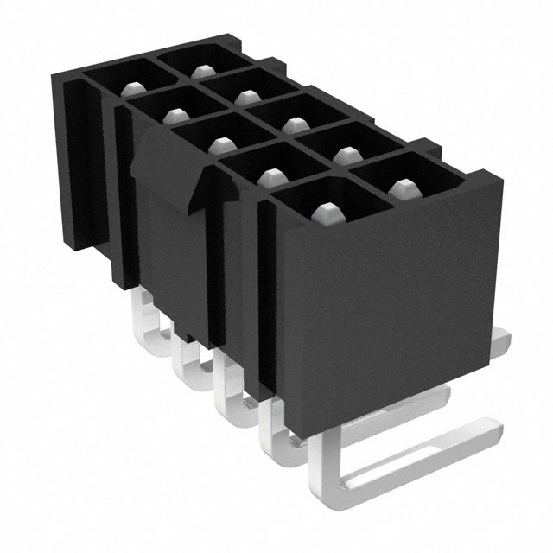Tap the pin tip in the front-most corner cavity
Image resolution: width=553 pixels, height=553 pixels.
click(x=326, y=210)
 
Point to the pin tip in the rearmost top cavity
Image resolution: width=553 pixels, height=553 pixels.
click(x=202, y=71)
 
